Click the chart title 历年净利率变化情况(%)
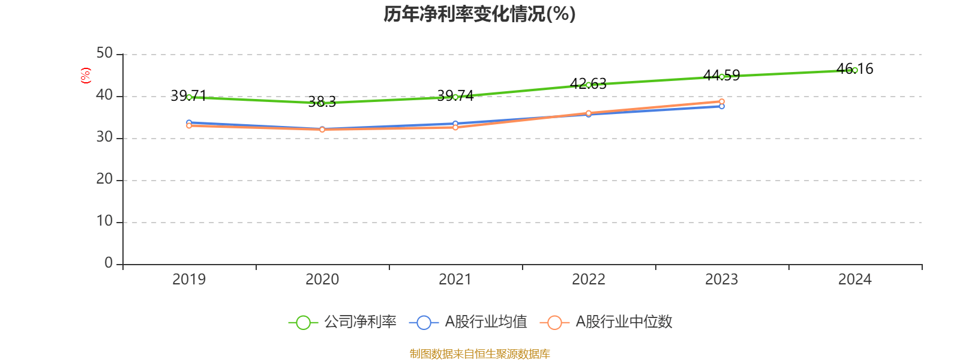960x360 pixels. pos(479,14)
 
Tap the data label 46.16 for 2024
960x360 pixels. pos(855,69)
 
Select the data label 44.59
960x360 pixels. pos(722,76)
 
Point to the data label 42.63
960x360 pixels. pos(588,84)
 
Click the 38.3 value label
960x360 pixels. pos(322,102)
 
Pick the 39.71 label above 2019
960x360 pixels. pos(188,95)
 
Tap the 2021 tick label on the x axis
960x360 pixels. pos(455,279)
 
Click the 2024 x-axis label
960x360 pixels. pos(855,279)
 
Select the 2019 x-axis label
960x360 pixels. pos(189,279)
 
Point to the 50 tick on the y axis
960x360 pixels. pos(104,53)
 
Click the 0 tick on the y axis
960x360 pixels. pos(108,263)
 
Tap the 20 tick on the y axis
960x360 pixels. pos(104,179)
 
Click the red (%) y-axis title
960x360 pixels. pos(86,76)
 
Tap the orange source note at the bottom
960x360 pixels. pos(479,354)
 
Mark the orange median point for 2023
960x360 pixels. pos(722,101)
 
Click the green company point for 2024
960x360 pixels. pos(855,70)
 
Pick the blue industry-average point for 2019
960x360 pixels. pos(189,122)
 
